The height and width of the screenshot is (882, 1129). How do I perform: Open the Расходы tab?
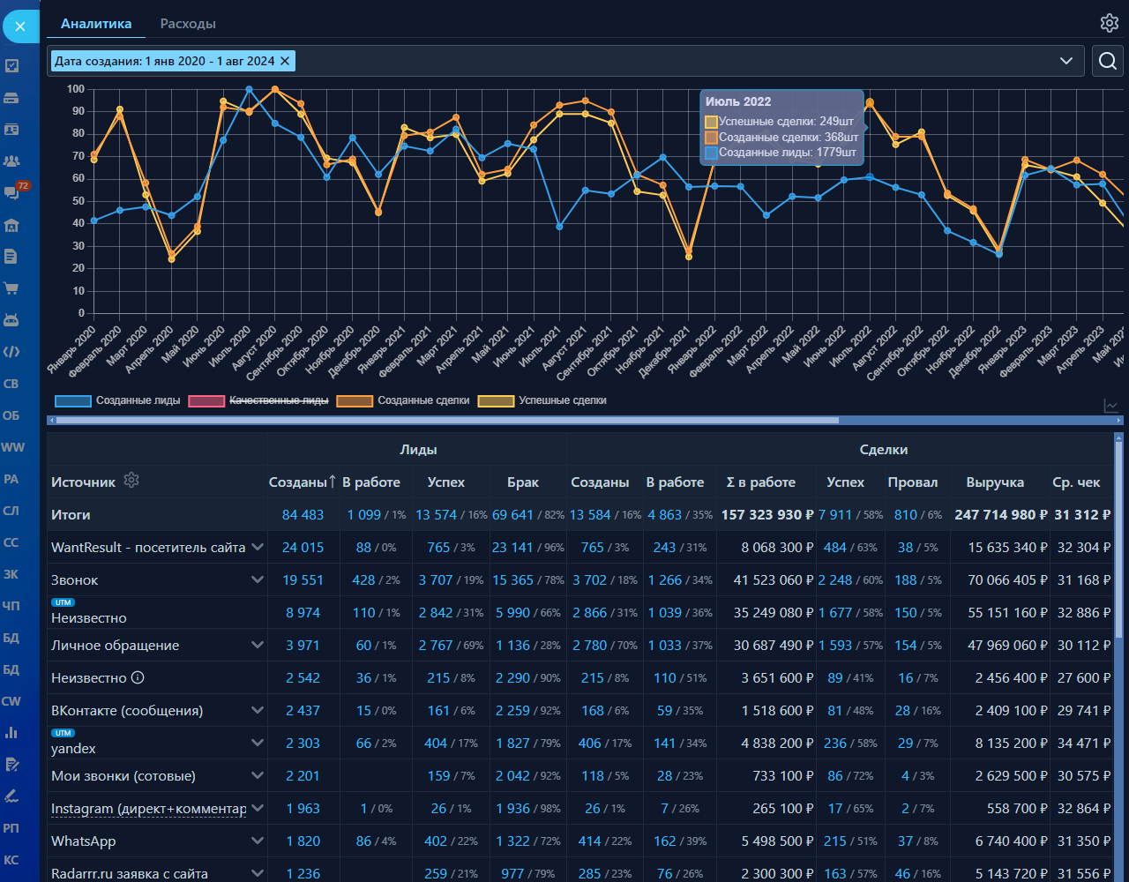click(188, 24)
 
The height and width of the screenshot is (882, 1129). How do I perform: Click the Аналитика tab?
click(95, 24)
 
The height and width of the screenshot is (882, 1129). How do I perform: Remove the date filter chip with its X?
click(284, 61)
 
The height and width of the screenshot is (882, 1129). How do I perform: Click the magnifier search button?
click(1108, 61)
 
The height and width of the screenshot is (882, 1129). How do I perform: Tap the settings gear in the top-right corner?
click(1109, 23)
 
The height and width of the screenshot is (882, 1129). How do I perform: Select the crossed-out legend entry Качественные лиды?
click(278, 400)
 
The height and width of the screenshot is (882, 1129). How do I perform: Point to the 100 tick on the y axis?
click(76, 89)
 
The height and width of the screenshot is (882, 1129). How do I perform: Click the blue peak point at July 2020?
click(250, 89)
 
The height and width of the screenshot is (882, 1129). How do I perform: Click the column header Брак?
click(523, 482)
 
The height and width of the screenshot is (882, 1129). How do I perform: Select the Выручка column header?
click(995, 482)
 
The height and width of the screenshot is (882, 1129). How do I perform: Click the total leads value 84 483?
click(303, 515)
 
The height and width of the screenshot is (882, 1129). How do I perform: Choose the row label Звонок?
click(75, 580)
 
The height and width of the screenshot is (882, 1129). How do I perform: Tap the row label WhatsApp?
click(84, 841)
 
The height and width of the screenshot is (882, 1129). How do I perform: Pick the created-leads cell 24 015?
click(303, 548)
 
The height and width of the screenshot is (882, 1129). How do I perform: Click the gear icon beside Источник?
click(131, 481)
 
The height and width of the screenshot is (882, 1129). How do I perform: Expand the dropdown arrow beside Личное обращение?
click(258, 645)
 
